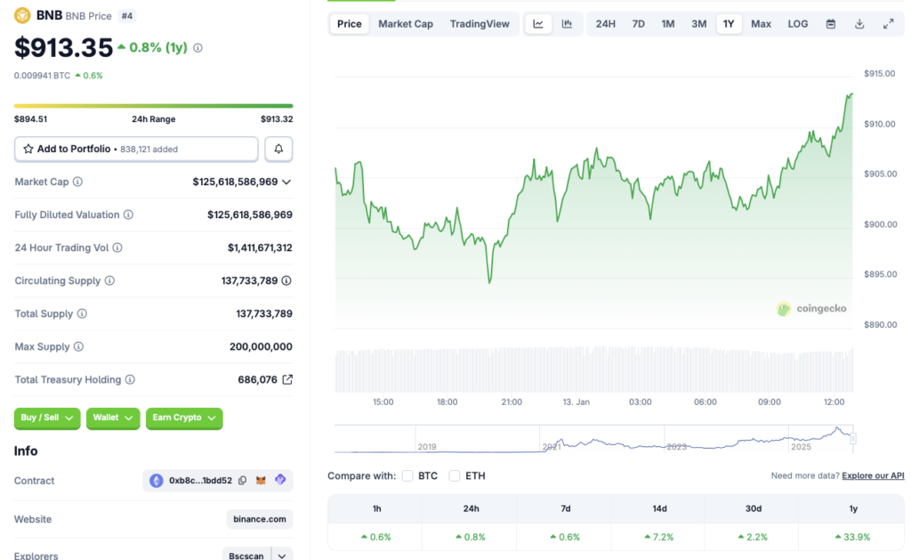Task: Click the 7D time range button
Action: click(638, 24)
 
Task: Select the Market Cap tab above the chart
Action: click(406, 24)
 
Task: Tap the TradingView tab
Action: click(480, 24)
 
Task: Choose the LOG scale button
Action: click(798, 24)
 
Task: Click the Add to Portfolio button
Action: click(136, 149)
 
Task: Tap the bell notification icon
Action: click(278, 149)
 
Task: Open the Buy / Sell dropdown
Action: click(47, 418)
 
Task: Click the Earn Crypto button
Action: click(184, 418)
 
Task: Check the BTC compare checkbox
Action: click(407, 475)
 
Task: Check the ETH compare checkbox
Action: click(455, 475)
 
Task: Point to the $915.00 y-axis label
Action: click(879, 73)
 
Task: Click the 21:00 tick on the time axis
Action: click(512, 402)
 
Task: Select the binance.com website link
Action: click(260, 519)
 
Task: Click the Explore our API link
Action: click(873, 476)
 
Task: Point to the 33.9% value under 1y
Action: click(853, 537)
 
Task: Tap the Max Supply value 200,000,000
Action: click(261, 346)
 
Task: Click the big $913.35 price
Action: click(64, 47)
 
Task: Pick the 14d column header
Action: click(658, 508)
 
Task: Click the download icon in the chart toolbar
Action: click(859, 24)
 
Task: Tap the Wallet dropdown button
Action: click(113, 418)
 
